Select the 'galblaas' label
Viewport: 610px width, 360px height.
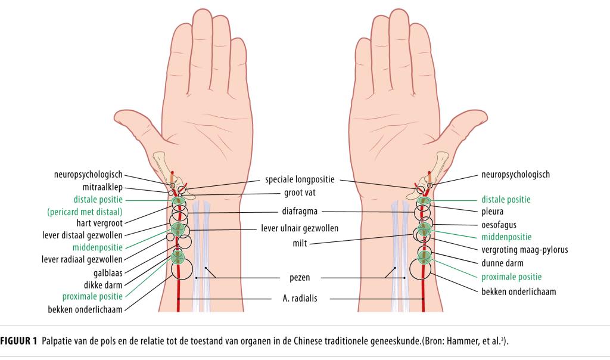tap(108, 272)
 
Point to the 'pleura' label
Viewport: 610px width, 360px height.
tap(493, 211)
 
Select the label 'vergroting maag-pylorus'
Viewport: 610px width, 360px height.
tap(525, 249)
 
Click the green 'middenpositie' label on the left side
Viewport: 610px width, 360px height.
tap(98, 247)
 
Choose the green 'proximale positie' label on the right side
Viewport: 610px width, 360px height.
tap(511, 277)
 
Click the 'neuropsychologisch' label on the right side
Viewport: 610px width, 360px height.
tap(515, 175)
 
